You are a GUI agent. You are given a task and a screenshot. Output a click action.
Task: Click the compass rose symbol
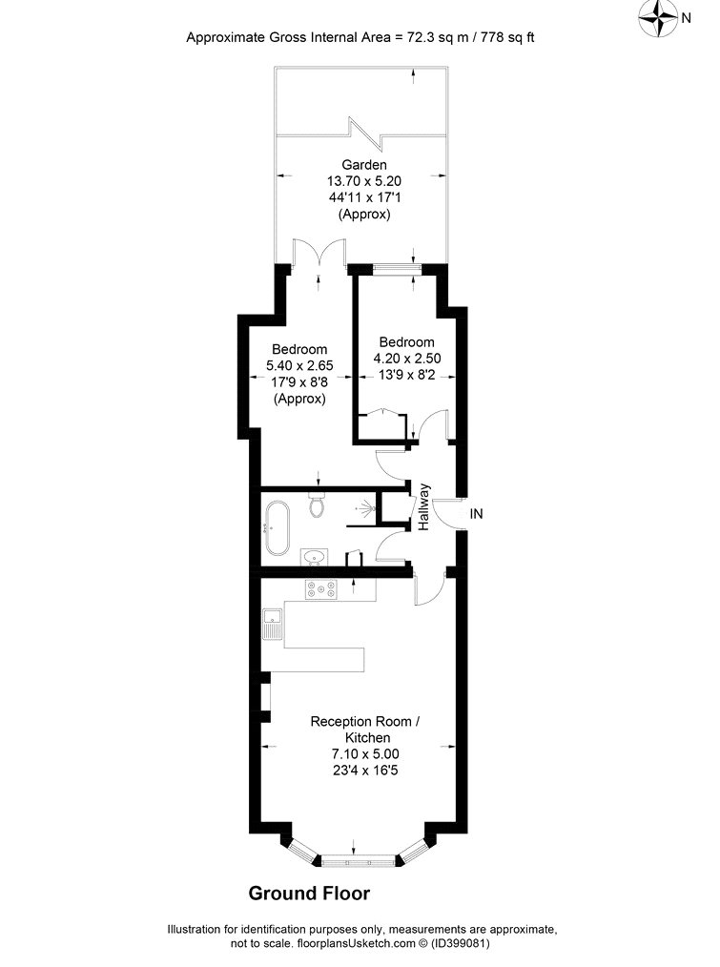(658, 18)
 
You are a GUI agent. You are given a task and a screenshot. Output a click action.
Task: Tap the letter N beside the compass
(686, 18)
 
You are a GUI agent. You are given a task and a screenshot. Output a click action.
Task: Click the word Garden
(364, 165)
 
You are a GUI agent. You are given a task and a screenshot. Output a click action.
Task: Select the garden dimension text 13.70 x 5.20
(364, 181)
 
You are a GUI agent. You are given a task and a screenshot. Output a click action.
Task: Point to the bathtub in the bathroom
(277, 527)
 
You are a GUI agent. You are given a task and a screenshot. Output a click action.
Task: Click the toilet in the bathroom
(317, 504)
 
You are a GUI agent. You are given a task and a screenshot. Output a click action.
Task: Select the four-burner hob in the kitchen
(321, 589)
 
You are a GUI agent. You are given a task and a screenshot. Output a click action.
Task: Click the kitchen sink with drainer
(272, 624)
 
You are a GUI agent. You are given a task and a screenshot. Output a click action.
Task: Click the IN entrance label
(476, 513)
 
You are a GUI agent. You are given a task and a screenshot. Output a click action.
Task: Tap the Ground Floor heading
(309, 893)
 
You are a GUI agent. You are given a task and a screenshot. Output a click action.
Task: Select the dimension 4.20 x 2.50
(407, 359)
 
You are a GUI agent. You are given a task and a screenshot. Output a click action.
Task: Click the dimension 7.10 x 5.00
(365, 753)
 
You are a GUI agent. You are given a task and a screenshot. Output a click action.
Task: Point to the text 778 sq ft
(507, 37)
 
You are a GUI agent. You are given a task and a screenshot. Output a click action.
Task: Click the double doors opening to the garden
(319, 252)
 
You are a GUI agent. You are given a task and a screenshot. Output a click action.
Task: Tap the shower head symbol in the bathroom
(366, 509)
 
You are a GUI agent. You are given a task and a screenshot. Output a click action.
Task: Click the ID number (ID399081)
(461, 943)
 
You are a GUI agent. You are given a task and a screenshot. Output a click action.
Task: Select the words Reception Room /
(365, 721)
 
